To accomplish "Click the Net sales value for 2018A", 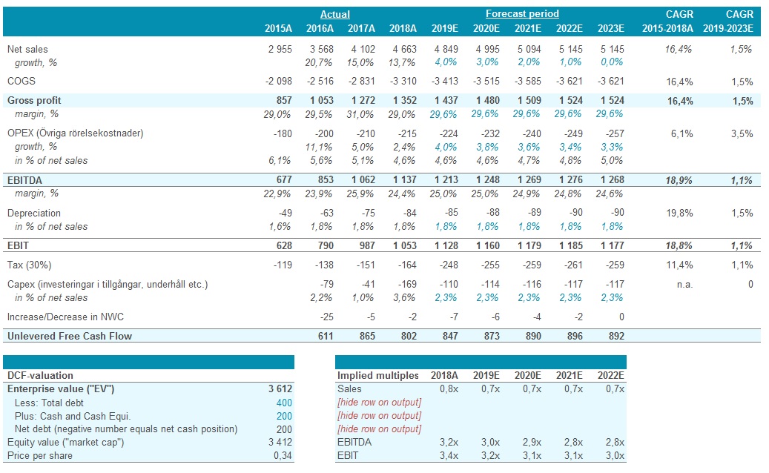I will click(403, 49).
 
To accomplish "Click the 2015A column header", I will click(278, 28).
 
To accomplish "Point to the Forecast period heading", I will click(522, 14).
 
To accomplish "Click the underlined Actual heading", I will click(334, 14).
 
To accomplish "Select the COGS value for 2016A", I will click(320, 81).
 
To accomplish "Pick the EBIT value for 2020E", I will click(486, 245).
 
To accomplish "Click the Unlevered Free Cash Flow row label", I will click(70, 336).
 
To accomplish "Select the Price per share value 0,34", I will click(283, 455).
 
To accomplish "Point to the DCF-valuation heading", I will click(40, 375).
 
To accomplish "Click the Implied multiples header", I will click(377, 375).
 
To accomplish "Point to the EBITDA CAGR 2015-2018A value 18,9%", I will click(680, 180).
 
